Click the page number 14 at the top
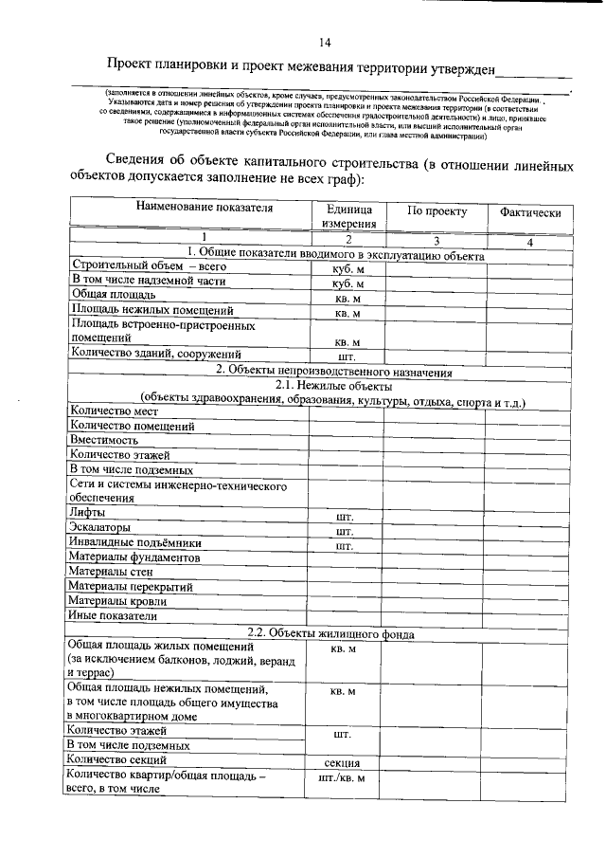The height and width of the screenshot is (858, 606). coord(325,43)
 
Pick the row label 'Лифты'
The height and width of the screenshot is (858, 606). coord(87,513)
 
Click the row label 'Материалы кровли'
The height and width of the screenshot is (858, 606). coord(118,600)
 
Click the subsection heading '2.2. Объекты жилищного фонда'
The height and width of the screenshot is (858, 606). coord(330,632)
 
